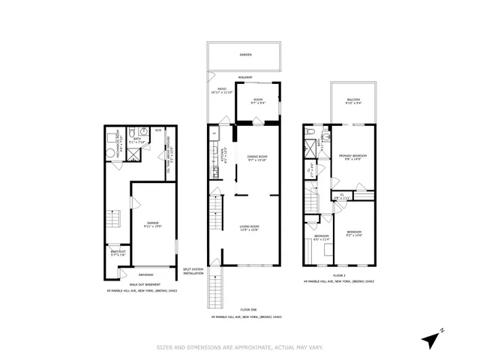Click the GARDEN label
[x=245, y=55]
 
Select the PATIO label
[x=221, y=91]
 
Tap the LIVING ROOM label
[x=250, y=228]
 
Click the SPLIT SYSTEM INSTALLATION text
[x=193, y=271]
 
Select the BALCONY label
[x=352, y=101]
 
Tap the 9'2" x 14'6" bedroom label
[x=355, y=234]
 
